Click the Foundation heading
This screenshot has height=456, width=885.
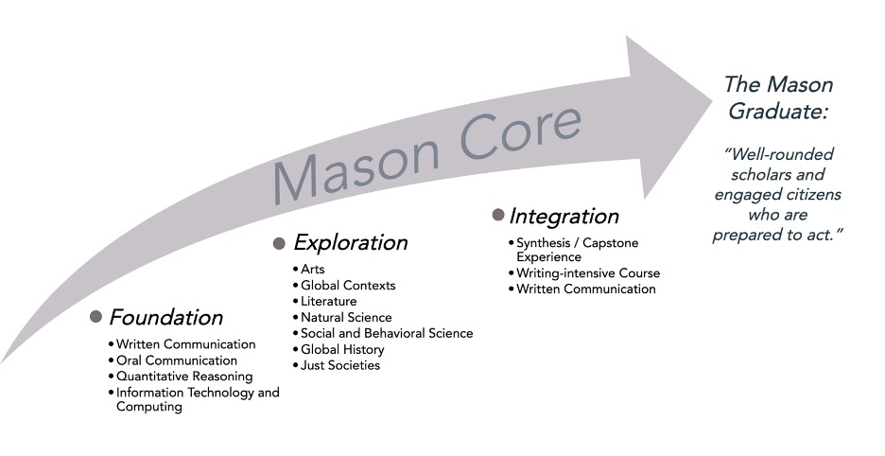coord(166,318)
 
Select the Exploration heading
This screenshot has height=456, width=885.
coord(350,242)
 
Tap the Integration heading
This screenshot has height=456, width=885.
coord(564,216)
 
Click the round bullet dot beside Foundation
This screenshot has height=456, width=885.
coord(95,316)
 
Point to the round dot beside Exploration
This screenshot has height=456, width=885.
coord(279,243)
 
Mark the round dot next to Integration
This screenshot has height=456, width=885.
coord(497,215)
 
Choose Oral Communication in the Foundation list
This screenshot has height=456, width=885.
coord(177,360)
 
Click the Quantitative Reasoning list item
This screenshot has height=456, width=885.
coord(184,377)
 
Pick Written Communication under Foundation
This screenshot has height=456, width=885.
coord(185,344)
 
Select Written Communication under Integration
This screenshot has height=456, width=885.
coord(586,289)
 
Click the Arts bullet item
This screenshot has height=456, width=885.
coord(313,270)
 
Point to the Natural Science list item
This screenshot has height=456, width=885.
coord(346,318)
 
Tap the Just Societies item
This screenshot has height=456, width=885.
coord(340,365)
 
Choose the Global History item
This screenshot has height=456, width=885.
coord(342,350)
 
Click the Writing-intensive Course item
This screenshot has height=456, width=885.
coord(588,273)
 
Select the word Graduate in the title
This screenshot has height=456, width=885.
coord(777,112)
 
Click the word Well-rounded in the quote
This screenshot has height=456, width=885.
coord(779,153)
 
